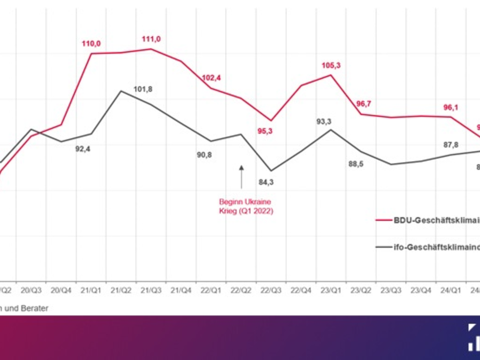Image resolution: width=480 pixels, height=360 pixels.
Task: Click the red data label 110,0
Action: coord(91,44)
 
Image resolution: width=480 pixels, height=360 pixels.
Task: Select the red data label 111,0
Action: coord(151,39)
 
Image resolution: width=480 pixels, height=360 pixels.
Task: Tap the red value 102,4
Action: coord(212,78)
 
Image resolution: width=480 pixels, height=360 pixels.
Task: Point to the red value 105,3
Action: coord(331,65)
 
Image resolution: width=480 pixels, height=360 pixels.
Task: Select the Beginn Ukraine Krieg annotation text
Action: coord(246,206)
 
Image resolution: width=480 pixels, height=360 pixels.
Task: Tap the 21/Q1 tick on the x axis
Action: coord(91,291)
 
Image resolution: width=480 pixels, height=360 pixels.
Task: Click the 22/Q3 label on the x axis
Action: coord(271,291)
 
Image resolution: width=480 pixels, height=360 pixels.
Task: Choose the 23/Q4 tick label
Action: coord(421,291)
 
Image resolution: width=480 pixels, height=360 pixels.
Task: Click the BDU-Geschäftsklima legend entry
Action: coord(428,220)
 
